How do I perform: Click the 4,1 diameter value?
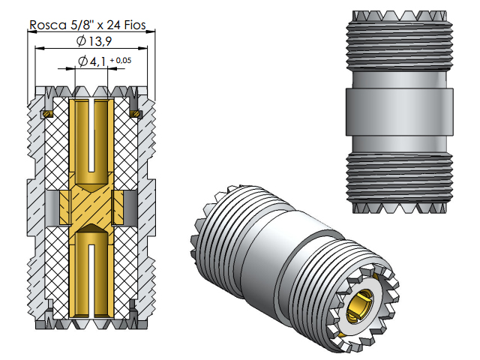(95, 61)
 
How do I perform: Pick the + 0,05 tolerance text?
(120, 59)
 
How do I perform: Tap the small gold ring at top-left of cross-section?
(46, 114)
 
